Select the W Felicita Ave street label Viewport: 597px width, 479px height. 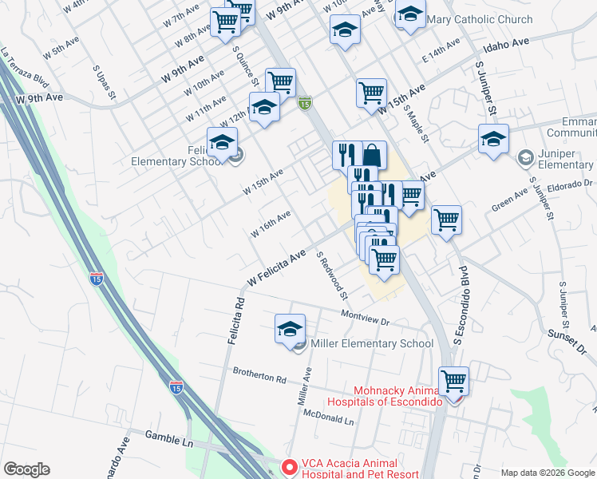click(277, 267)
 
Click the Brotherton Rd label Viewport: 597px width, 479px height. click(259, 374)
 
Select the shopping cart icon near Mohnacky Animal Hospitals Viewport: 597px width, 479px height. click(453, 381)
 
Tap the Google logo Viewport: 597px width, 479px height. click(26, 469)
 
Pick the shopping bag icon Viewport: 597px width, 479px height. click(372, 155)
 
